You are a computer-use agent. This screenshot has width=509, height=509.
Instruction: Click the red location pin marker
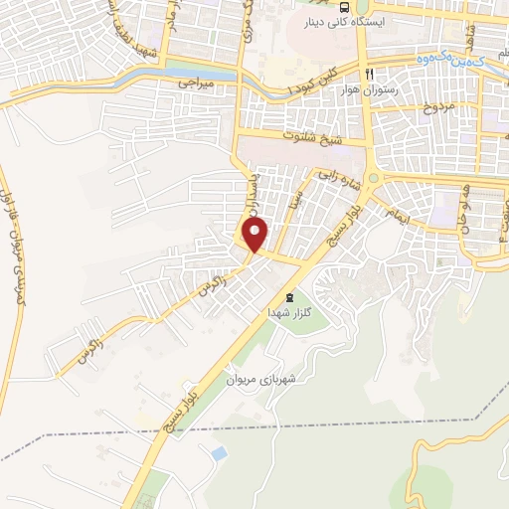pos(256,236)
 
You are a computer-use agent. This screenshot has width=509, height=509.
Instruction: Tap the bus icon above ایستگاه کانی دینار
pos(345,6)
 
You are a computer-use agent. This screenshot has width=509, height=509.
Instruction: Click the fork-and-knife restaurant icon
pos(368,75)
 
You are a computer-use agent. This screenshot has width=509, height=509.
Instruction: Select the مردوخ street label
pos(434,106)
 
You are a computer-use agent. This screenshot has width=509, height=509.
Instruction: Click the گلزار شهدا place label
pos(289,312)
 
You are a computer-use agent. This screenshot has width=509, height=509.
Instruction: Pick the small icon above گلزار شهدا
pos(289,297)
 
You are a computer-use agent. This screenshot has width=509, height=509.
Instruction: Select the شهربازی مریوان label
pos(261,379)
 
